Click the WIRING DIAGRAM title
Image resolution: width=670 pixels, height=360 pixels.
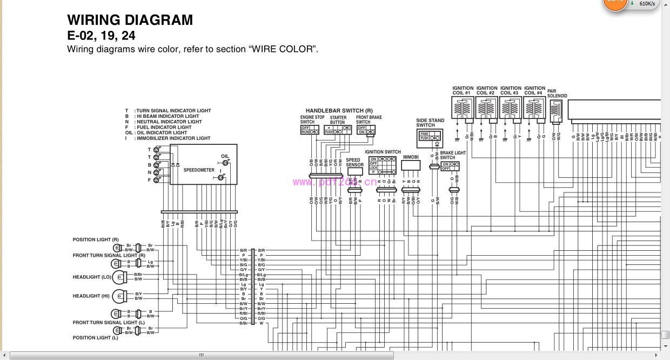(x=130, y=20)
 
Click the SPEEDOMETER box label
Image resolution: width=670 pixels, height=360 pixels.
(x=199, y=170)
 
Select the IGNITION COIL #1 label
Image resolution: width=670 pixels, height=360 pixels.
(x=463, y=90)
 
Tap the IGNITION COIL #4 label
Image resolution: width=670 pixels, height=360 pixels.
(x=534, y=90)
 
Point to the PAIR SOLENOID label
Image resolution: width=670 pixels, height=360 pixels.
(x=557, y=94)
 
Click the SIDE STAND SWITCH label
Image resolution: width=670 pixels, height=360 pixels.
(x=430, y=123)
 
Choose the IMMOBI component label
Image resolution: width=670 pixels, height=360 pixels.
(x=411, y=157)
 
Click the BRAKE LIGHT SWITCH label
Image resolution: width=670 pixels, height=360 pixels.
(x=453, y=155)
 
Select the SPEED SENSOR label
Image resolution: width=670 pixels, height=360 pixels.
(x=354, y=162)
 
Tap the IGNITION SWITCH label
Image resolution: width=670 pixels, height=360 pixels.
(x=383, y=152)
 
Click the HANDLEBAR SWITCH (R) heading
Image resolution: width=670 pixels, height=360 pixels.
(x=339, y=111)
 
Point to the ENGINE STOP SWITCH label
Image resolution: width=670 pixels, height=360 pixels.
(x=312, y=119)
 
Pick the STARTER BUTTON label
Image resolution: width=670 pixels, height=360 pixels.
(x=338, y=119)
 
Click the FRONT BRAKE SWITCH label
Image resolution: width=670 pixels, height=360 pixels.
(x=368, y=119)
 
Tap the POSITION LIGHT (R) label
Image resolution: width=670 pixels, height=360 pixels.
(x=96, y=239)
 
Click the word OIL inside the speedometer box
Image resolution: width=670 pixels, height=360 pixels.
(x=225, y=156)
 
